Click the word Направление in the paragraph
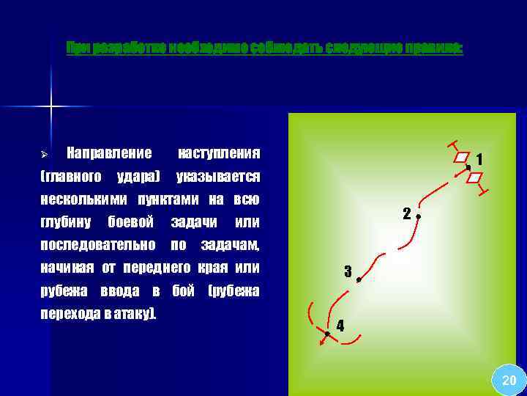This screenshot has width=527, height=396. click(x=109, y=153)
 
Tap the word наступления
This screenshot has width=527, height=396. click(x=219, y=153)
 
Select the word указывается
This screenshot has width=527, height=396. click(x=219, y=177)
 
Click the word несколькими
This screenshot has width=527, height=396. click(x=80, y=199)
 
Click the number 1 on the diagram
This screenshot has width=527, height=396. click(x=479, y=159)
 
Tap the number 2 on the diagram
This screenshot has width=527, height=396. click(x=405, y=214)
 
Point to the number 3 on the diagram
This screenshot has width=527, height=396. click(x=348, y=270)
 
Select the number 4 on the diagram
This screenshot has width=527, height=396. click(x=340, y=325)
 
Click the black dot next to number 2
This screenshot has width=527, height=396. click(x=417, y=217)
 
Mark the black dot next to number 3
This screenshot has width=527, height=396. click(x=359, y=280)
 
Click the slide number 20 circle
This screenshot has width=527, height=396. click(x=508, y=381)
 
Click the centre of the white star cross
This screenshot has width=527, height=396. click(x=51, y=108)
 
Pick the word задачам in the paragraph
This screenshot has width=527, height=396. click(x=231, y=244)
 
